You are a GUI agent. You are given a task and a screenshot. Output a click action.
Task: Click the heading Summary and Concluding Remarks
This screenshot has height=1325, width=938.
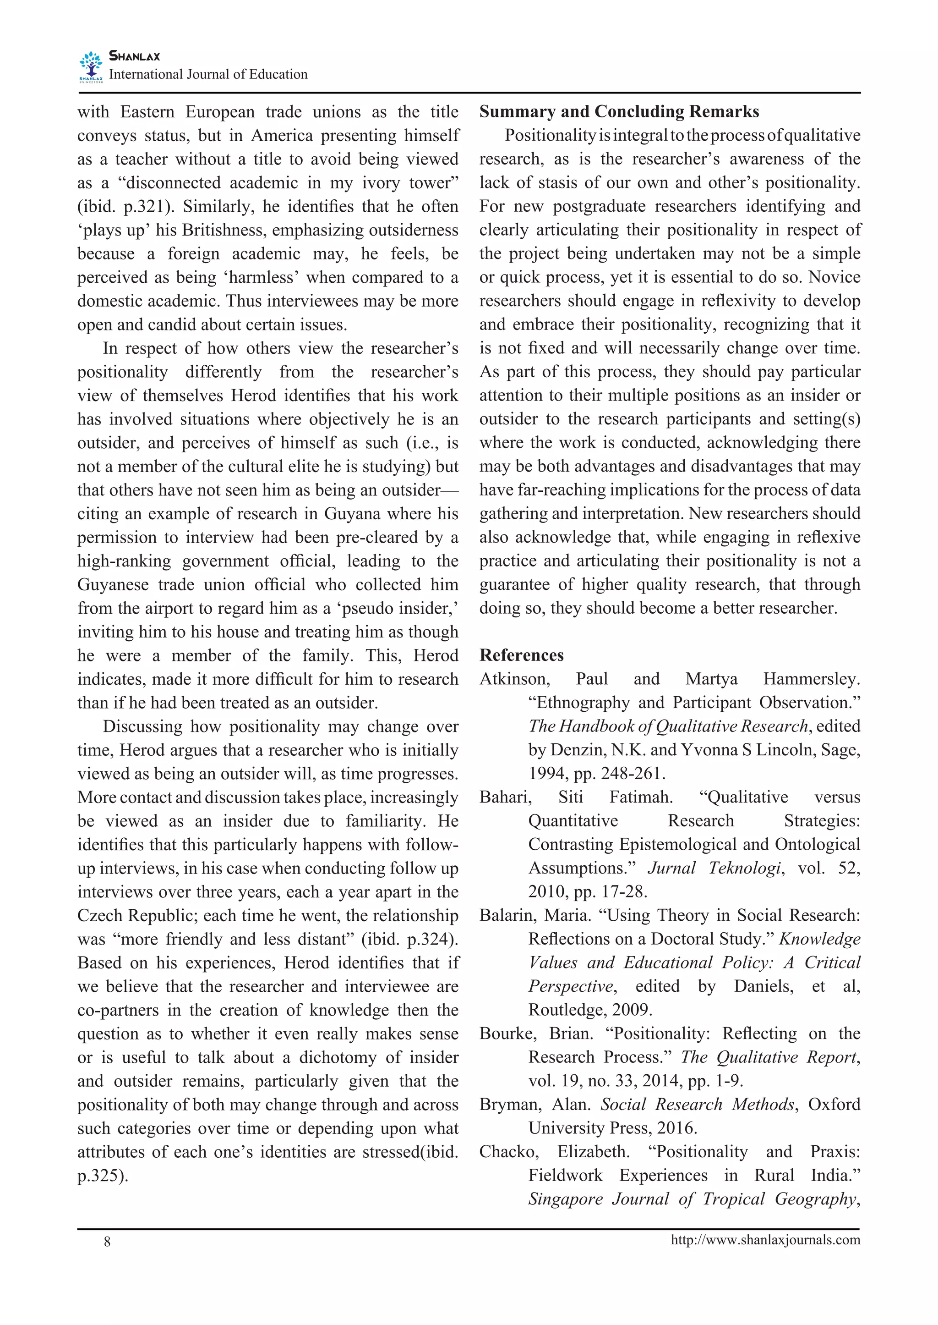619,111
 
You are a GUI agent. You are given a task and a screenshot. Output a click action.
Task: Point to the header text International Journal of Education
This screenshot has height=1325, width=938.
208,75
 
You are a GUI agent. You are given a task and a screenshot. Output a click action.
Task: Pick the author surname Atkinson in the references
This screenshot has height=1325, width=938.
514,679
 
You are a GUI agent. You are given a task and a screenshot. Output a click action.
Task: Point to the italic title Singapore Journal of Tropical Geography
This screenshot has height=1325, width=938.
693,1199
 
